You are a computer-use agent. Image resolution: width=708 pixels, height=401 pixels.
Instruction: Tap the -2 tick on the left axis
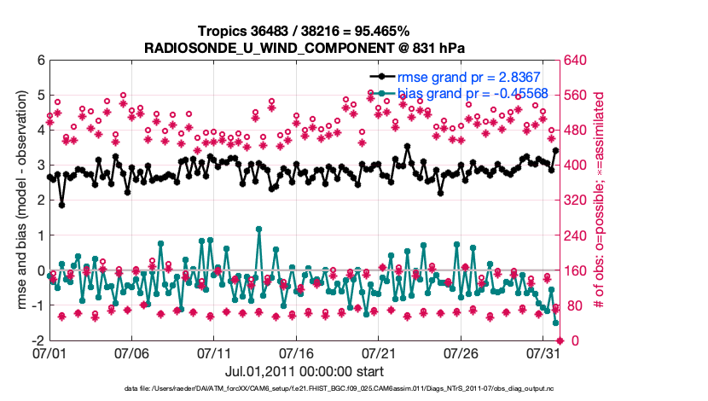(38, 340)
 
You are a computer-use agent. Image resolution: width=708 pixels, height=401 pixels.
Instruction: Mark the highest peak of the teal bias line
(258, 229)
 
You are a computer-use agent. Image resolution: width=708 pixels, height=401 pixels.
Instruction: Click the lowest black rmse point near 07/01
(61, 205)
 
